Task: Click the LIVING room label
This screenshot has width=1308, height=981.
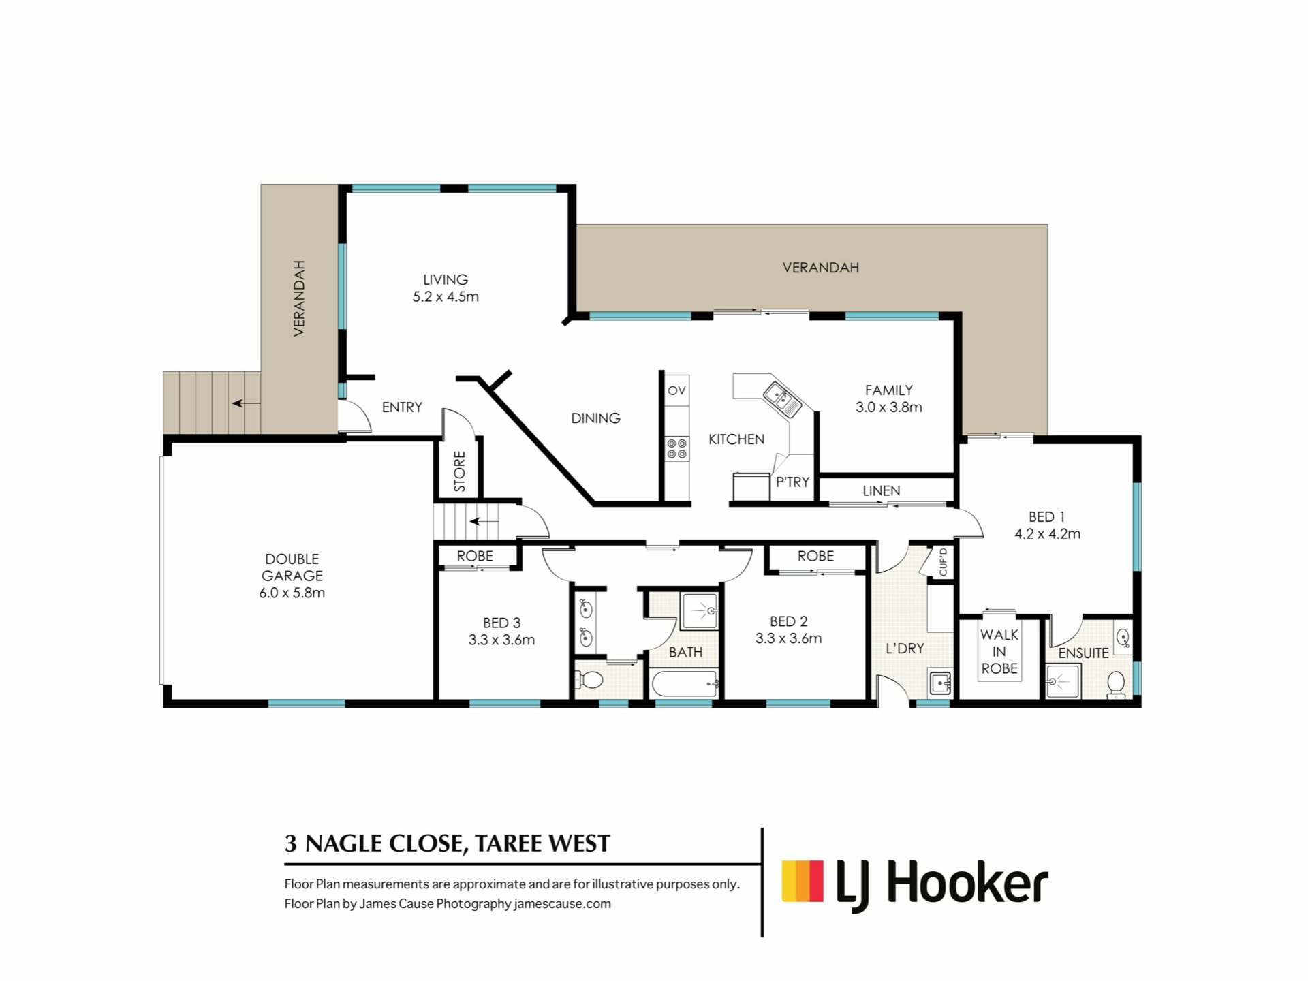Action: click(446, 279)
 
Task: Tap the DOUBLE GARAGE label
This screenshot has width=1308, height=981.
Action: click(292, 567)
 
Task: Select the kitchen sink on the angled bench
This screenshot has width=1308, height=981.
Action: click(783, 400)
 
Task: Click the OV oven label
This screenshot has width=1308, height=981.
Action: click(676, 390)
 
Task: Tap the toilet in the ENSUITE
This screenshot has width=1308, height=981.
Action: click(1116, 683)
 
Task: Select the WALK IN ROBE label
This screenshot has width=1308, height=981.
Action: click(999, 652)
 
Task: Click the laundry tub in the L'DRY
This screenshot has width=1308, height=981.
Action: click(940, 682)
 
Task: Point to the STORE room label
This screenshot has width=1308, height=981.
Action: click(460, 471)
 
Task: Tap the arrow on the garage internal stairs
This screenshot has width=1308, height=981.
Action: click(484, 522)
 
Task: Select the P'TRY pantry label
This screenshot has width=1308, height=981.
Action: click(793, 482)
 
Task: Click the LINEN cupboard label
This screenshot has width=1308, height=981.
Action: click(882, 490)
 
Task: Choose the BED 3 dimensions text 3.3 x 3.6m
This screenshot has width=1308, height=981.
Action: click(501, 640)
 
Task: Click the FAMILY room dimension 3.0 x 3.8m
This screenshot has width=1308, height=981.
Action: click(889, 407)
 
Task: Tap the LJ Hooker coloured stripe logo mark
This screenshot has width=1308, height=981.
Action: click(803, 882)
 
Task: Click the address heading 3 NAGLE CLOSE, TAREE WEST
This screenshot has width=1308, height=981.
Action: click(448, 843)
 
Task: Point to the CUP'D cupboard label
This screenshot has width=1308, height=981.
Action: click(944, 562)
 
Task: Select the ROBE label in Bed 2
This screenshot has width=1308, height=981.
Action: click(816, 556)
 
